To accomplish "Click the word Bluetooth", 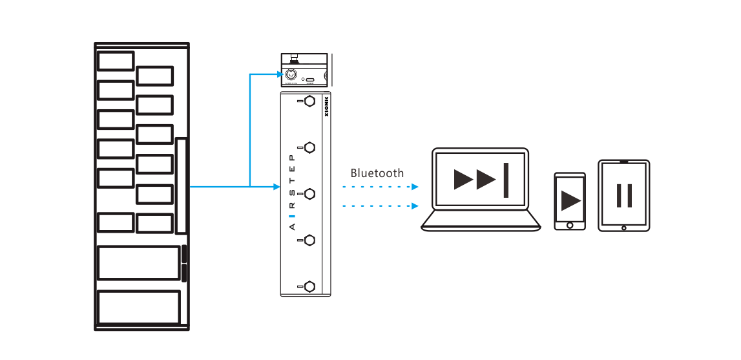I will pyautogui.click(x=377, y=173).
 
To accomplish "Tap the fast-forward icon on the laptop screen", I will pyautogui.click(x=481, y=180).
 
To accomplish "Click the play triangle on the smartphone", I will pyautogui.click(x=570, y=200).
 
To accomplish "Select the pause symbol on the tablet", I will pyautogui.click(x=624, y=195).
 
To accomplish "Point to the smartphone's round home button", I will pyautogui.click(x=570, y=225).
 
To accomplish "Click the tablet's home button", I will pyautogui.click(x=624, y=228).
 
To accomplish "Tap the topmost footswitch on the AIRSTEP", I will pyautogui.click(x=309, y=101).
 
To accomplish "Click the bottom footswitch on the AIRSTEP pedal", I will pyautogui.click(x=309, y=286).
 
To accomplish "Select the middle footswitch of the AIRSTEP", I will pyautogui.click(x=309, y=193).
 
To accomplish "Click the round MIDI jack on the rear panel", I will pyautogui.click(x=291, y=75).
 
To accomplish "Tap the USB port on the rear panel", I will pyautogui.click(x=310, y=80).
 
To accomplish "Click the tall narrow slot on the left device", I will pyautogui.click(x=182, y=185).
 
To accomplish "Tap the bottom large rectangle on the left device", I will pyautogui.click(x=138, y=307).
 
